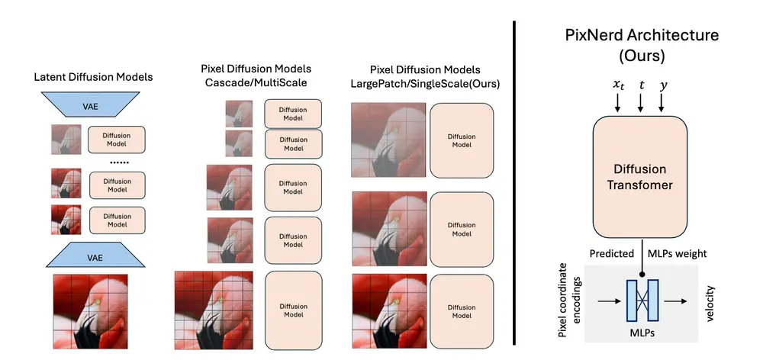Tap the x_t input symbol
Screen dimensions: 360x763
[x=618, y=86]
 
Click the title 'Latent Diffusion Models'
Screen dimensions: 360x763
[x=93, y=77]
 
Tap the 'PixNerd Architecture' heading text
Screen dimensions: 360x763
[x=641, y=35]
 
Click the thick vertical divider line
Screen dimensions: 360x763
[x=514, y=180]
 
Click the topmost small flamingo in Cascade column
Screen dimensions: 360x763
[x=239, y=113]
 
